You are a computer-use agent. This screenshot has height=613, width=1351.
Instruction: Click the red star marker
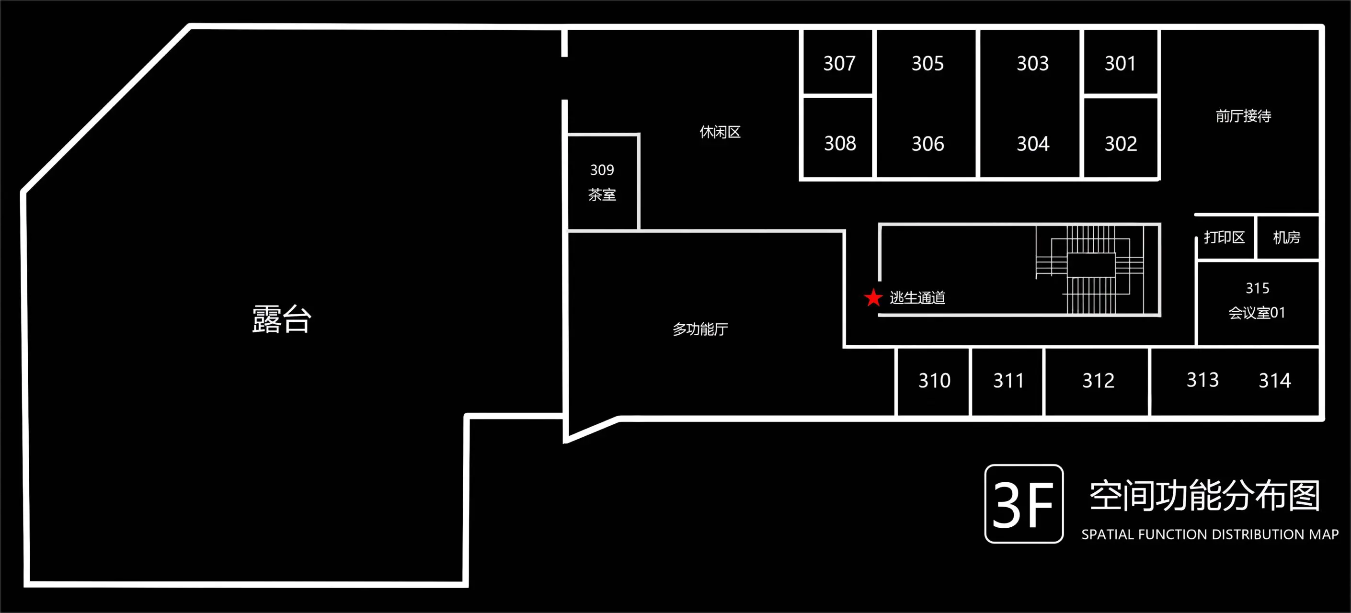coord(873,297)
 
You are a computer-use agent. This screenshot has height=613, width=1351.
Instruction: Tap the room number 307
coord(839,63)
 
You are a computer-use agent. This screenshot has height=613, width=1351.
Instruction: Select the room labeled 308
coord(840,143)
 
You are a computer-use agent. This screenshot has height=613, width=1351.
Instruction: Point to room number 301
coord(1120,63)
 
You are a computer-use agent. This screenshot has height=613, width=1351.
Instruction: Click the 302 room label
coord(1121,144)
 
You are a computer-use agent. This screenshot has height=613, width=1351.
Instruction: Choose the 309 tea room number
coord(602,170)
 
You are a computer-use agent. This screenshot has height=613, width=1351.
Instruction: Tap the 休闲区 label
coord(720,132)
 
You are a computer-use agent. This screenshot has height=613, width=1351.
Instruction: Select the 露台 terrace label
coord(282,319)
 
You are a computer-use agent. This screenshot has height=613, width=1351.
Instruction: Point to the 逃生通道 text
coord(917,298)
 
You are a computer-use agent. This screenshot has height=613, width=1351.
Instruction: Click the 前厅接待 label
coord(1244,116)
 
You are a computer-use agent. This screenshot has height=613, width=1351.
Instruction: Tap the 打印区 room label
coord(1224,238)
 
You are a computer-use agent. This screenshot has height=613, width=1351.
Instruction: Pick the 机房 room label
coord(1286,238)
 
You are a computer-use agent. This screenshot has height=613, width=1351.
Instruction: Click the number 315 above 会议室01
coord(1258,288)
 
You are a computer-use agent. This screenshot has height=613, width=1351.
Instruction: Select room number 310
coord(935,380)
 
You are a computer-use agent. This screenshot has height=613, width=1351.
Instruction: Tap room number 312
coord(1098,380)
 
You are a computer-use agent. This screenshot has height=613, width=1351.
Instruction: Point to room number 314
coord(1275,380)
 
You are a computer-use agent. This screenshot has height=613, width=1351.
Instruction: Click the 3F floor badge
coord(1024,504)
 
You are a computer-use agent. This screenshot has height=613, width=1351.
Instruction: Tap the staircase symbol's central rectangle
coord(1091,265)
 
